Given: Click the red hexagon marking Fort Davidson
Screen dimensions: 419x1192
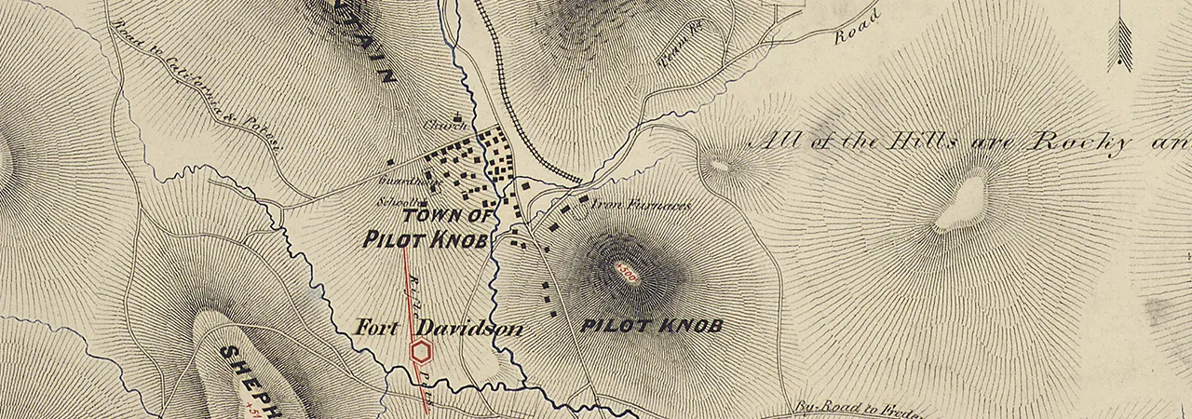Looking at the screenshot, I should point(422,351).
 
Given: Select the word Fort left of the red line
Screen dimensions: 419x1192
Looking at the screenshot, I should point(377,329).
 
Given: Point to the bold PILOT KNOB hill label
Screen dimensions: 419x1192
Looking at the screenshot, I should point(651,326).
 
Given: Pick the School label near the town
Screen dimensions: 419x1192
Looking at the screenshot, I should point(395,202).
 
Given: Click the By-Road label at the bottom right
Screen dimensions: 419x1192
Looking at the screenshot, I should point(819,407).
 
